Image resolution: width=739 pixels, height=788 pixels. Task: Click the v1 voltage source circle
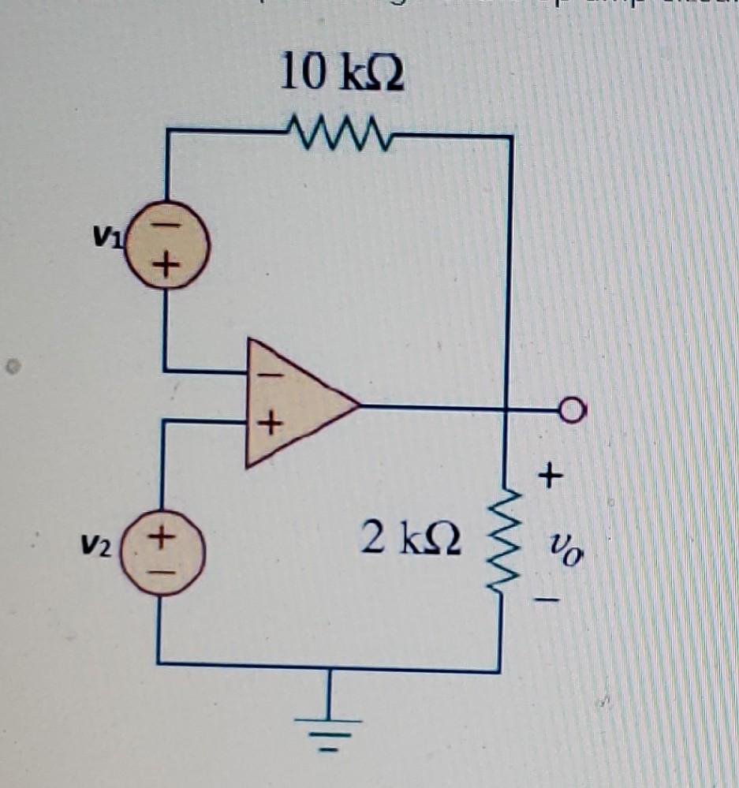tap(166, 245)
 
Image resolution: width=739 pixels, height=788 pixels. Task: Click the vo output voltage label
tap(569, 543)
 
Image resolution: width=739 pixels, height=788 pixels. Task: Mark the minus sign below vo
tap(550, 601)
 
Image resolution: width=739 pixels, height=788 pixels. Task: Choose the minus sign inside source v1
tap(166, 226)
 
